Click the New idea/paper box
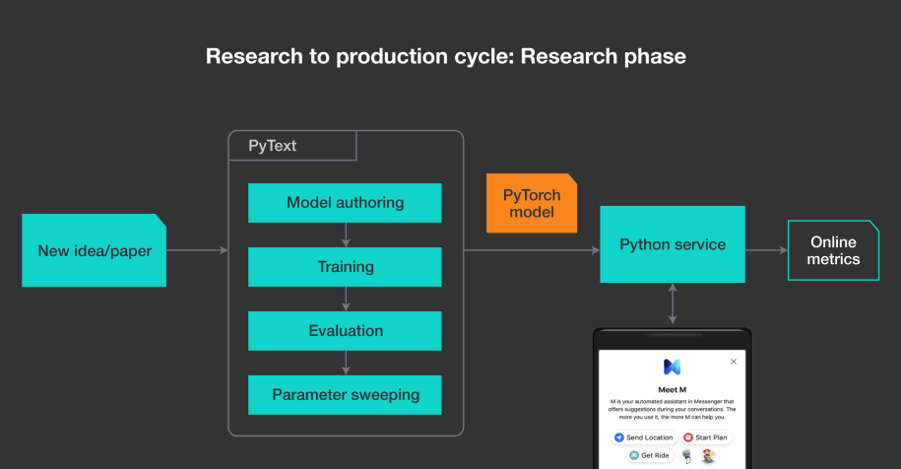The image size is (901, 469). (95, 250)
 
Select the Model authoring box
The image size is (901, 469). (345, 203)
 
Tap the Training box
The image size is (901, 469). (345, 267)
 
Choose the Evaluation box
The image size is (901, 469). (345, 331)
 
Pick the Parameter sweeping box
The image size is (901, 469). (345, 395)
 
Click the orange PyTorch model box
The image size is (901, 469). (531, 204)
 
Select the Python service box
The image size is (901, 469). (673, 244)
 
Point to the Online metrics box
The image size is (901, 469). (833, 250)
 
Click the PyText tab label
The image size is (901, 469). (273, 146)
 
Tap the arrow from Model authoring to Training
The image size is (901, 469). (345, 234)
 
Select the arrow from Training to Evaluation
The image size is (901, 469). (345, 299)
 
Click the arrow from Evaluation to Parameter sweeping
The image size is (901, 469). (345, 363)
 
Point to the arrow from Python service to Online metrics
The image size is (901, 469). (766, 250)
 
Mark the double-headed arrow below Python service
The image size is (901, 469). (673, 303)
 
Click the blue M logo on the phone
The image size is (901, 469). (672, 367)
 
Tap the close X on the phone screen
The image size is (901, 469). (733, 362)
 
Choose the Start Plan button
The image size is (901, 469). (706, 436)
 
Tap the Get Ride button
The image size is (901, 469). (651, 456)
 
